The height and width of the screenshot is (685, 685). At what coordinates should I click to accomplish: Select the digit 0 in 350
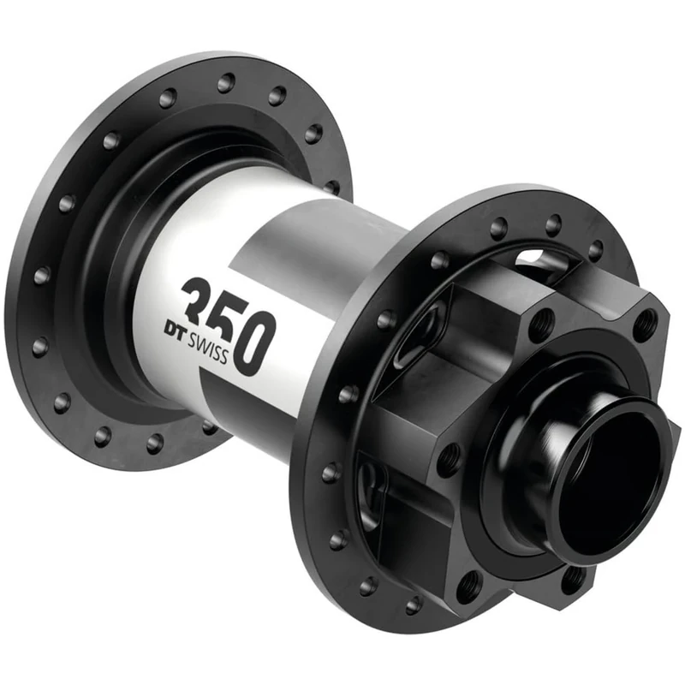[x=256, y=342]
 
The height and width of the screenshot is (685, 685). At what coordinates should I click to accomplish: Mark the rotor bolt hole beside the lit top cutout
[x=542, y=325]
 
